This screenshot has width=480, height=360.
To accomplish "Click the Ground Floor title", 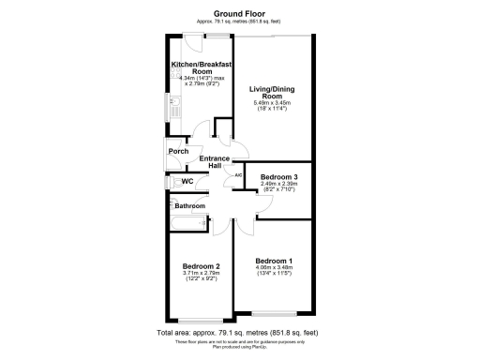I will click(239, 13).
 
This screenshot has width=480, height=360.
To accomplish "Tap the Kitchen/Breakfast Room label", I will click(200, 67).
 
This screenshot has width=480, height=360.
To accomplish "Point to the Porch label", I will click(178, 152).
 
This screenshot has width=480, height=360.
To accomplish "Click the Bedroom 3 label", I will click(278, 176).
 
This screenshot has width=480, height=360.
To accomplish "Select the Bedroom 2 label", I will click(201, 266).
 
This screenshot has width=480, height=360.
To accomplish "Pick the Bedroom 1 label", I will click(274, 260).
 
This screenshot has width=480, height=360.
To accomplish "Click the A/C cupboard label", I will click(238, 175).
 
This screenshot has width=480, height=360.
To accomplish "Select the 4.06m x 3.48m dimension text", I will click(274, 268).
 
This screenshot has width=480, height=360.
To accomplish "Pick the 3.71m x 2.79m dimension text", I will click(201, 275).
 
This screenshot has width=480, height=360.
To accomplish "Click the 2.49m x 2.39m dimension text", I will click(278, 184).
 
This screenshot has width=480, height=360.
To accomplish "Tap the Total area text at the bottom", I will click(239, 333).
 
